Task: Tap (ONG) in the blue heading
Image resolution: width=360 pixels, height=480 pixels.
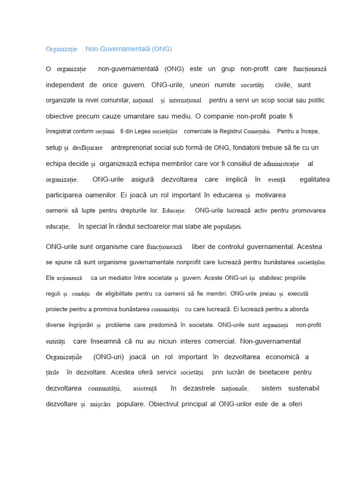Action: tap(162, 49)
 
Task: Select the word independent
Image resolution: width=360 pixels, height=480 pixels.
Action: tap(65, 85)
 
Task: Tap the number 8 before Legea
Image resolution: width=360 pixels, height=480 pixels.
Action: tap(122, 131)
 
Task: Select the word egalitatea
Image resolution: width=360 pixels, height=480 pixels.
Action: tap(314, 179)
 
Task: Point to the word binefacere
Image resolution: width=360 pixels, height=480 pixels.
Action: tap(275, 372)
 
